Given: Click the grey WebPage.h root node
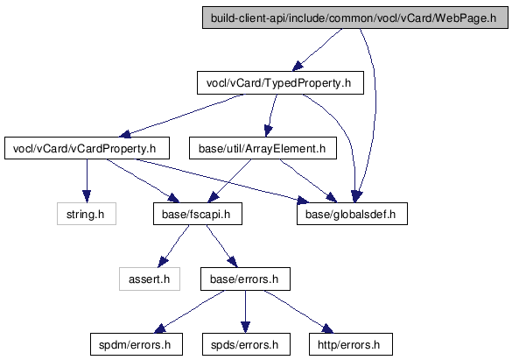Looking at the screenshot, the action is (355, 18).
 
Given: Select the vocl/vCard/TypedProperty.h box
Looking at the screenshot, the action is (280, 83).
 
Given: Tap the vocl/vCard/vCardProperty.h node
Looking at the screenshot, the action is (87, 148).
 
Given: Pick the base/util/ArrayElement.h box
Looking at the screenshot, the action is (263, 148).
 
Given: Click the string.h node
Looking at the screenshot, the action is (87, 214).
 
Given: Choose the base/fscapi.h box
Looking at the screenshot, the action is (198, 214).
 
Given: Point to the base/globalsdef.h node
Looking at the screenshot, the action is (352, 214).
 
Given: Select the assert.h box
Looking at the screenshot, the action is (150, 279).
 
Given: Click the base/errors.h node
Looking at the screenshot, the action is (245, 279).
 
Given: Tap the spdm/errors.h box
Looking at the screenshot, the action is (137, 344).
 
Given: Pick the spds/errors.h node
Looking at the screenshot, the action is (246, 344).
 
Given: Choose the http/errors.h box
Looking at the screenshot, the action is (351, 344).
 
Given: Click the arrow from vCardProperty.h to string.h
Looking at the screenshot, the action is (87, 181).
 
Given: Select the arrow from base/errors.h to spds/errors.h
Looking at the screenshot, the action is (246, 312).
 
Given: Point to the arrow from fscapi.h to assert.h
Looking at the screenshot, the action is (173, 245).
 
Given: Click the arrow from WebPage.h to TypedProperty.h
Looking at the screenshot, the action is (318, 50).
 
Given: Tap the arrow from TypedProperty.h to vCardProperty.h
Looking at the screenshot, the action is (183, 115).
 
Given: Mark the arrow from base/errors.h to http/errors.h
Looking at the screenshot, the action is (298, 311).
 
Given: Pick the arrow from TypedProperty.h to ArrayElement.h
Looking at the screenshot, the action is (271, 115).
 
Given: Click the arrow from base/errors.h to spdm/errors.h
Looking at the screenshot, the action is (189, 312).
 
